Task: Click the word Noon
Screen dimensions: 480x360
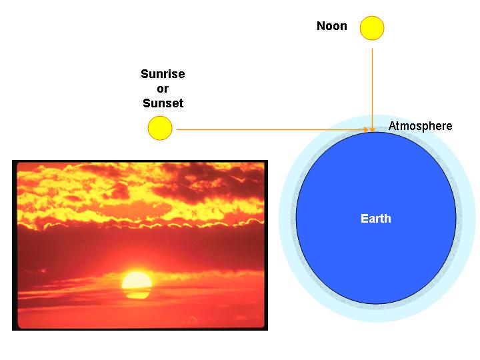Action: click(332, 26)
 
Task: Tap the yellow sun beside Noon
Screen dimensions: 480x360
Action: click(372, 28)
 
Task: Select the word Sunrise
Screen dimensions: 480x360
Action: click(163, 74)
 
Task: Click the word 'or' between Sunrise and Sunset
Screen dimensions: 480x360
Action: click(163, 89)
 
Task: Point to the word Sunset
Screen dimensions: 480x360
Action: click(163, 103)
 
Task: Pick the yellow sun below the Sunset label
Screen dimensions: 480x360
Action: click(160, 128)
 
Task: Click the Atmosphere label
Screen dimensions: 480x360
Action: click(420, 126)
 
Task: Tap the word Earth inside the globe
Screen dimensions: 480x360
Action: click(376, 219)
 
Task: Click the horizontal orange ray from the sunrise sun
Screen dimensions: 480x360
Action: click(273, 129)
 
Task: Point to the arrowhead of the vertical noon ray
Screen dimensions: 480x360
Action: click(372, 130)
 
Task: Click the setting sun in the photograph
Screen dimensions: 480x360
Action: click(137, 285)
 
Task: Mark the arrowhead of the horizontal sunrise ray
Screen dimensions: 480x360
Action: click(366, 129)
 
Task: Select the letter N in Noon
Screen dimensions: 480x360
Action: click(321, 26)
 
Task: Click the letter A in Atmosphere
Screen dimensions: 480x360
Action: click(392, 125)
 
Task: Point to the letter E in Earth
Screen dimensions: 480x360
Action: click(364, 219)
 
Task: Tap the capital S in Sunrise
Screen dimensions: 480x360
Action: click(145, 74)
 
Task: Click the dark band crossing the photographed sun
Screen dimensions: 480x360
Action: click(137, 290)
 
